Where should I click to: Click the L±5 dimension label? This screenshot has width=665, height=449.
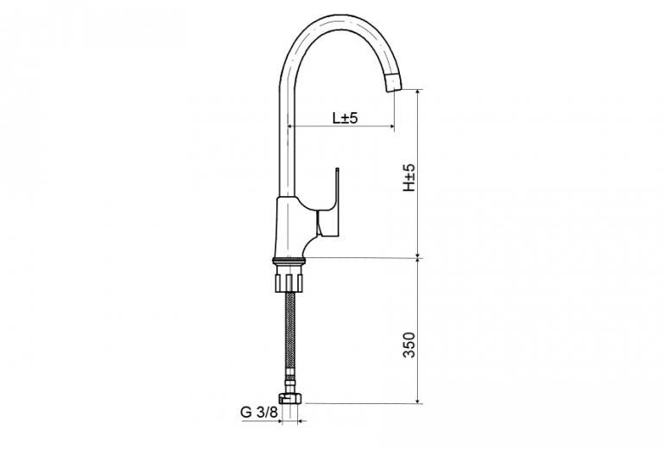pos(345,118)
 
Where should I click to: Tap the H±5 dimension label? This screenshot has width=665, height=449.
pos(409,177)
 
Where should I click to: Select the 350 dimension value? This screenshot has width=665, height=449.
pos(409,345)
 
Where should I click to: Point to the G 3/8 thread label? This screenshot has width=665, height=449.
pos(259,412)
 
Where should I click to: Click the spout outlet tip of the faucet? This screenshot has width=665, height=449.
pos(394,85)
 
